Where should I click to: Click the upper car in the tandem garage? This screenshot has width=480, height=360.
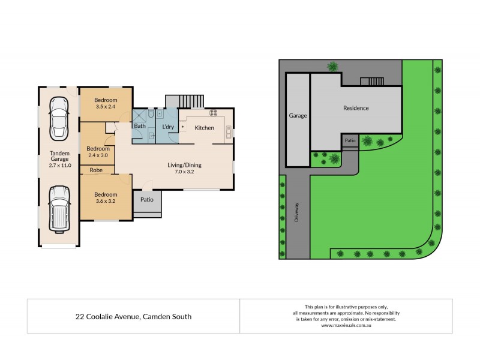pyautogui.click(x=59, y=117)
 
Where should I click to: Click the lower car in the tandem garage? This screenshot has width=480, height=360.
pyautogui.click(x=59, y=208)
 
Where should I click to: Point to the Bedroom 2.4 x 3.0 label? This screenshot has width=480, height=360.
pyautogui.click(x=98, y=152)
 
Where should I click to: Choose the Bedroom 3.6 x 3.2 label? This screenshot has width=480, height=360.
pyautogui.click(x=105, y=197)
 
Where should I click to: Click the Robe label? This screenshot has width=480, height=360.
pyautogui.click(x=96, y=170)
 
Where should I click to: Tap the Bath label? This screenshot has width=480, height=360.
pyautogui.click(x=140, y=126)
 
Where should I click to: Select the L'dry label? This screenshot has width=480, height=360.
pyautogui.click(x=167, y=127)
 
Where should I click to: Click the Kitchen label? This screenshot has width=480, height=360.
pyautogui.click(x=204, y=128)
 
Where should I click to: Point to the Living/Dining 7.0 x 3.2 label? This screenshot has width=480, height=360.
pyautogui.click(x=184, y=168)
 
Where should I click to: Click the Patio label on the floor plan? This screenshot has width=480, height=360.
pyautogui.click(x=146, y=200)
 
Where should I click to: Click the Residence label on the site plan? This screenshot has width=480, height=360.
pyautogui.click(x=356, y=108)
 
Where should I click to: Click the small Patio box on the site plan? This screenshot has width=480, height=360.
pyautogui.click(x=350, y=140)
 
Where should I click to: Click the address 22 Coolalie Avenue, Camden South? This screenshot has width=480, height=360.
pyautogui.click(x=133, y=316)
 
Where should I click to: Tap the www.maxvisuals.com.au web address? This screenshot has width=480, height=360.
pyautogui.click(x=346, y=326)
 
